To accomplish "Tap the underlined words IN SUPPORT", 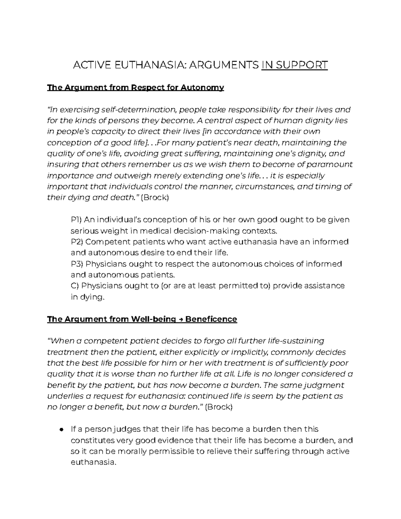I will pyautogui.click(x=294, y=65).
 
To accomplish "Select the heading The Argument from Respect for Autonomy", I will pyautogui.click(x=135, y=88).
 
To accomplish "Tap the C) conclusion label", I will pyautogui.click(x=75, y=286).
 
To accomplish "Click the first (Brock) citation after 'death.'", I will pyautogui.click(x=155, y=198).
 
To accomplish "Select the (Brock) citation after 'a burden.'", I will pyautogui.click(x=218, y=407).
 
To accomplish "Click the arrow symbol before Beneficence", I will pyautogui.click(x=180, y=319).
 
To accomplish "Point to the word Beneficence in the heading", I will pyautogui.click(x=211, y=319).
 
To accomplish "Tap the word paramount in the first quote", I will pyautogui.click(x=329, y=164).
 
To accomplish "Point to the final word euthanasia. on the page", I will pyautogui.click(x=94, y=463).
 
